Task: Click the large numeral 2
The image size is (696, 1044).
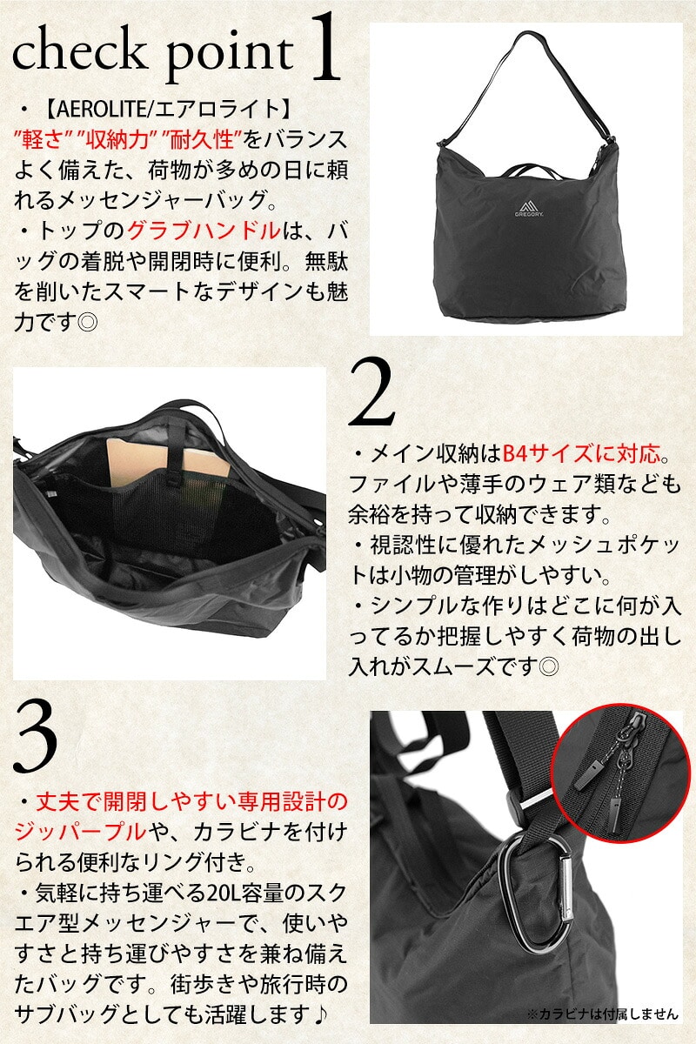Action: coord(371,393)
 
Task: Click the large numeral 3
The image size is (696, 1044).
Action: coord(36,739)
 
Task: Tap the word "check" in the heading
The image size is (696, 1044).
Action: coord(77,51)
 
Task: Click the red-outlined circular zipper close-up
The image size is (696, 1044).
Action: coord(620,773)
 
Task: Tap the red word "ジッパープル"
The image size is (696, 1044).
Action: coord(80,832)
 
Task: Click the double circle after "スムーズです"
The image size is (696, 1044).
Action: coord(548,667)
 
